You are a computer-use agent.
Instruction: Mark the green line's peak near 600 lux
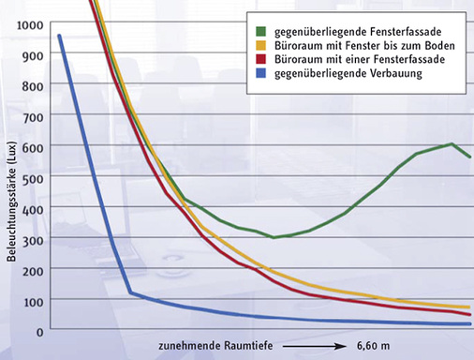[x=452, y=144]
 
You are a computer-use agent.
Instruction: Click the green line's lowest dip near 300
[x=274, y=237]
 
